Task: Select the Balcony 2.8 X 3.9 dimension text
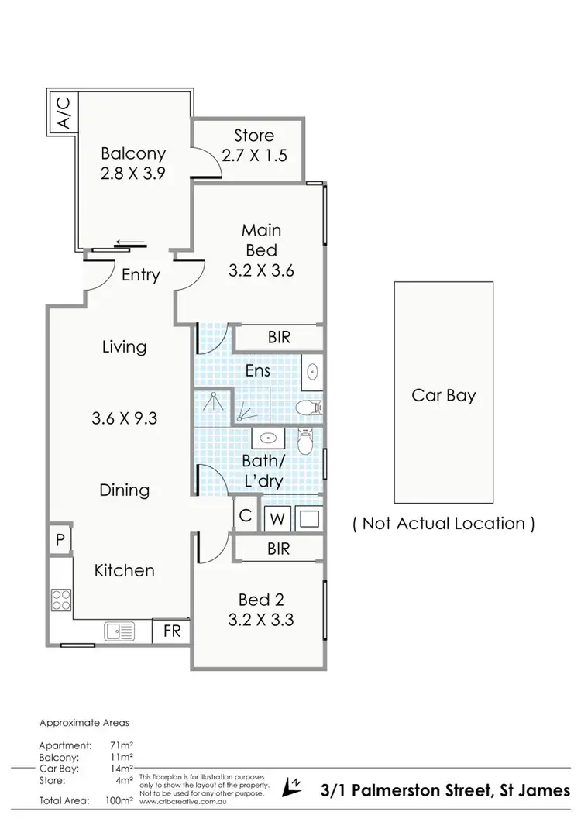pyautogui.click(x=133, y=174)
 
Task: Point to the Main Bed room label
pyautogui.click(x=261, y=240)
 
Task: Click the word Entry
pyautogui.click(x=141, y=275)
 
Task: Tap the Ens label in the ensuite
pyautogui.click(x=257, y=371)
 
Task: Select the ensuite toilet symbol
pyautogui.click(x=309, y=408)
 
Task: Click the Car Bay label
pyautogui.click(x=444, y=396)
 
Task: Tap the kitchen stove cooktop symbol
pyautogui.click(x=60, y=600)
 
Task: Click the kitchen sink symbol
pyautogui.click(x=119, y=631)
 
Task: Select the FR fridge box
pyautogui.click(x=171, y=631)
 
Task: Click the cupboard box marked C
pyautogui.click(x=244, y=515)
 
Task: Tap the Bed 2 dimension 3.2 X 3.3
pyautogui.click(x=260, y=620)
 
